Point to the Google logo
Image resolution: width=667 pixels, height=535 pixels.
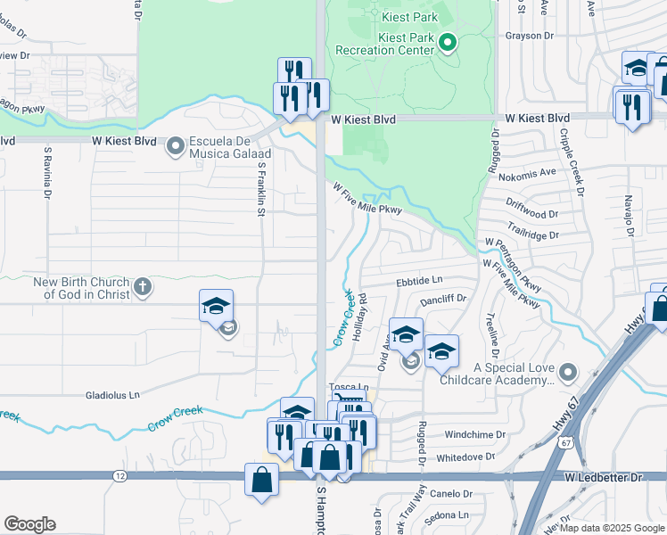(29, 524)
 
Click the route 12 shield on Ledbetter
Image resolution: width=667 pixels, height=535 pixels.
(119, 476)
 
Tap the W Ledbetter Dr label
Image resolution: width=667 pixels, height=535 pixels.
(603, 477)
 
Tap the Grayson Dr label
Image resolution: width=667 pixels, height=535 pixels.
(529, 37)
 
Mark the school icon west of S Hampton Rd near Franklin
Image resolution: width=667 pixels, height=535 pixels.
(216, 307)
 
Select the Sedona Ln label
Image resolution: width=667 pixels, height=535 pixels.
(450, 514)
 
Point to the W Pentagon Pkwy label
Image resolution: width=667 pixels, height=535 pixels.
(512, 264)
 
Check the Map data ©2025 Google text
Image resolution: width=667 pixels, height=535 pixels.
(613, 528)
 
